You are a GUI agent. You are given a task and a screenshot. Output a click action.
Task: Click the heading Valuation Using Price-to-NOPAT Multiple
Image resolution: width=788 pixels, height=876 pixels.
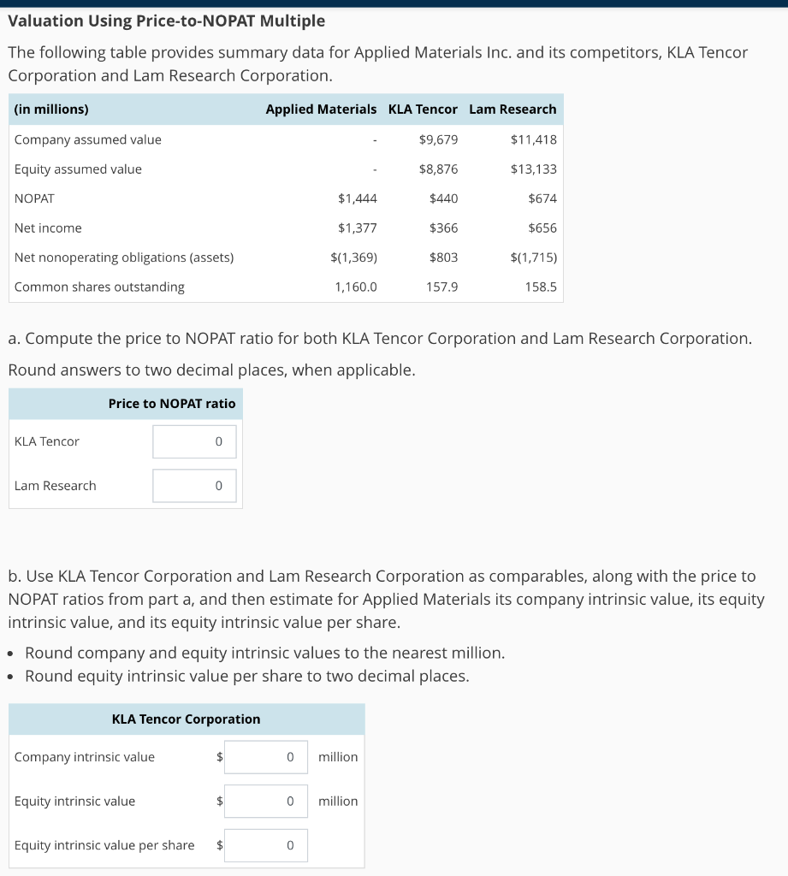167,21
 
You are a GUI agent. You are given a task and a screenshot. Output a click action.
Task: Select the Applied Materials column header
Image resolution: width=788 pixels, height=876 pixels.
321,109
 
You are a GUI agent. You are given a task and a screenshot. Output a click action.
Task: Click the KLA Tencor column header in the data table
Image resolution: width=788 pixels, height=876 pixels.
423,109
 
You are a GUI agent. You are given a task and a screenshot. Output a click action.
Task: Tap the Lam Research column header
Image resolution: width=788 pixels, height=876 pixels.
512,109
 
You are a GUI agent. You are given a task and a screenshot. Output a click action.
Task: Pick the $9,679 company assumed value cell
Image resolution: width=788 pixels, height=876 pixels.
438,139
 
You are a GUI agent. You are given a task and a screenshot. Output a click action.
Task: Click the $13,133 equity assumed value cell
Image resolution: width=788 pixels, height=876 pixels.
533,169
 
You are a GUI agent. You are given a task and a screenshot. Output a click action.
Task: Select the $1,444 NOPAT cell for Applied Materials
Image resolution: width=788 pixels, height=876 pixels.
358,198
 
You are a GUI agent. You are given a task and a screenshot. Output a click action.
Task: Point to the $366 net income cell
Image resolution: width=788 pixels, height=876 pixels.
443,228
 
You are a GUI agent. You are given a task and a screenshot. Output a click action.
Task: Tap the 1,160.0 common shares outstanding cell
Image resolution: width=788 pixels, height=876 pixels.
355,287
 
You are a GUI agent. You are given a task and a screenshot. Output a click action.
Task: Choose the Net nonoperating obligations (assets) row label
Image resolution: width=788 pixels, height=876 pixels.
124,257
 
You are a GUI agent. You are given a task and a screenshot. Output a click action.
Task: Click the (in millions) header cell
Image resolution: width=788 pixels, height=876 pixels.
51,109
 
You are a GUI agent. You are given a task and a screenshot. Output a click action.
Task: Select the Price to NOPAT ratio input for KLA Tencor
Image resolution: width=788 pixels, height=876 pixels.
194,441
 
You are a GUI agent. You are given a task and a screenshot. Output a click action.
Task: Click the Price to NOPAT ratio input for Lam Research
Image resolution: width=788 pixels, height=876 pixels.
194,486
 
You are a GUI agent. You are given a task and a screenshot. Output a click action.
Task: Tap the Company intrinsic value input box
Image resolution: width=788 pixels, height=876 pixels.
266,757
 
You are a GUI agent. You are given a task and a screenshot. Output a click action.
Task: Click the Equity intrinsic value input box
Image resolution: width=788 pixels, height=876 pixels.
266,802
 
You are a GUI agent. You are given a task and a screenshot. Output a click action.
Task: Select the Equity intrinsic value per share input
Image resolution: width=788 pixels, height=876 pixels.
266,846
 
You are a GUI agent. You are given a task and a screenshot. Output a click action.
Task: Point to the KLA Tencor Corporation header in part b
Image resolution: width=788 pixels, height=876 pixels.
187,719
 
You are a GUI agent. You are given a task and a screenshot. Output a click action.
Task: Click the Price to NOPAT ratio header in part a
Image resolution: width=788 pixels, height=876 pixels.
172,404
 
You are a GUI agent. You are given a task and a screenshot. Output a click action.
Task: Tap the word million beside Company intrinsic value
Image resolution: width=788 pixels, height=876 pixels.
338,757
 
